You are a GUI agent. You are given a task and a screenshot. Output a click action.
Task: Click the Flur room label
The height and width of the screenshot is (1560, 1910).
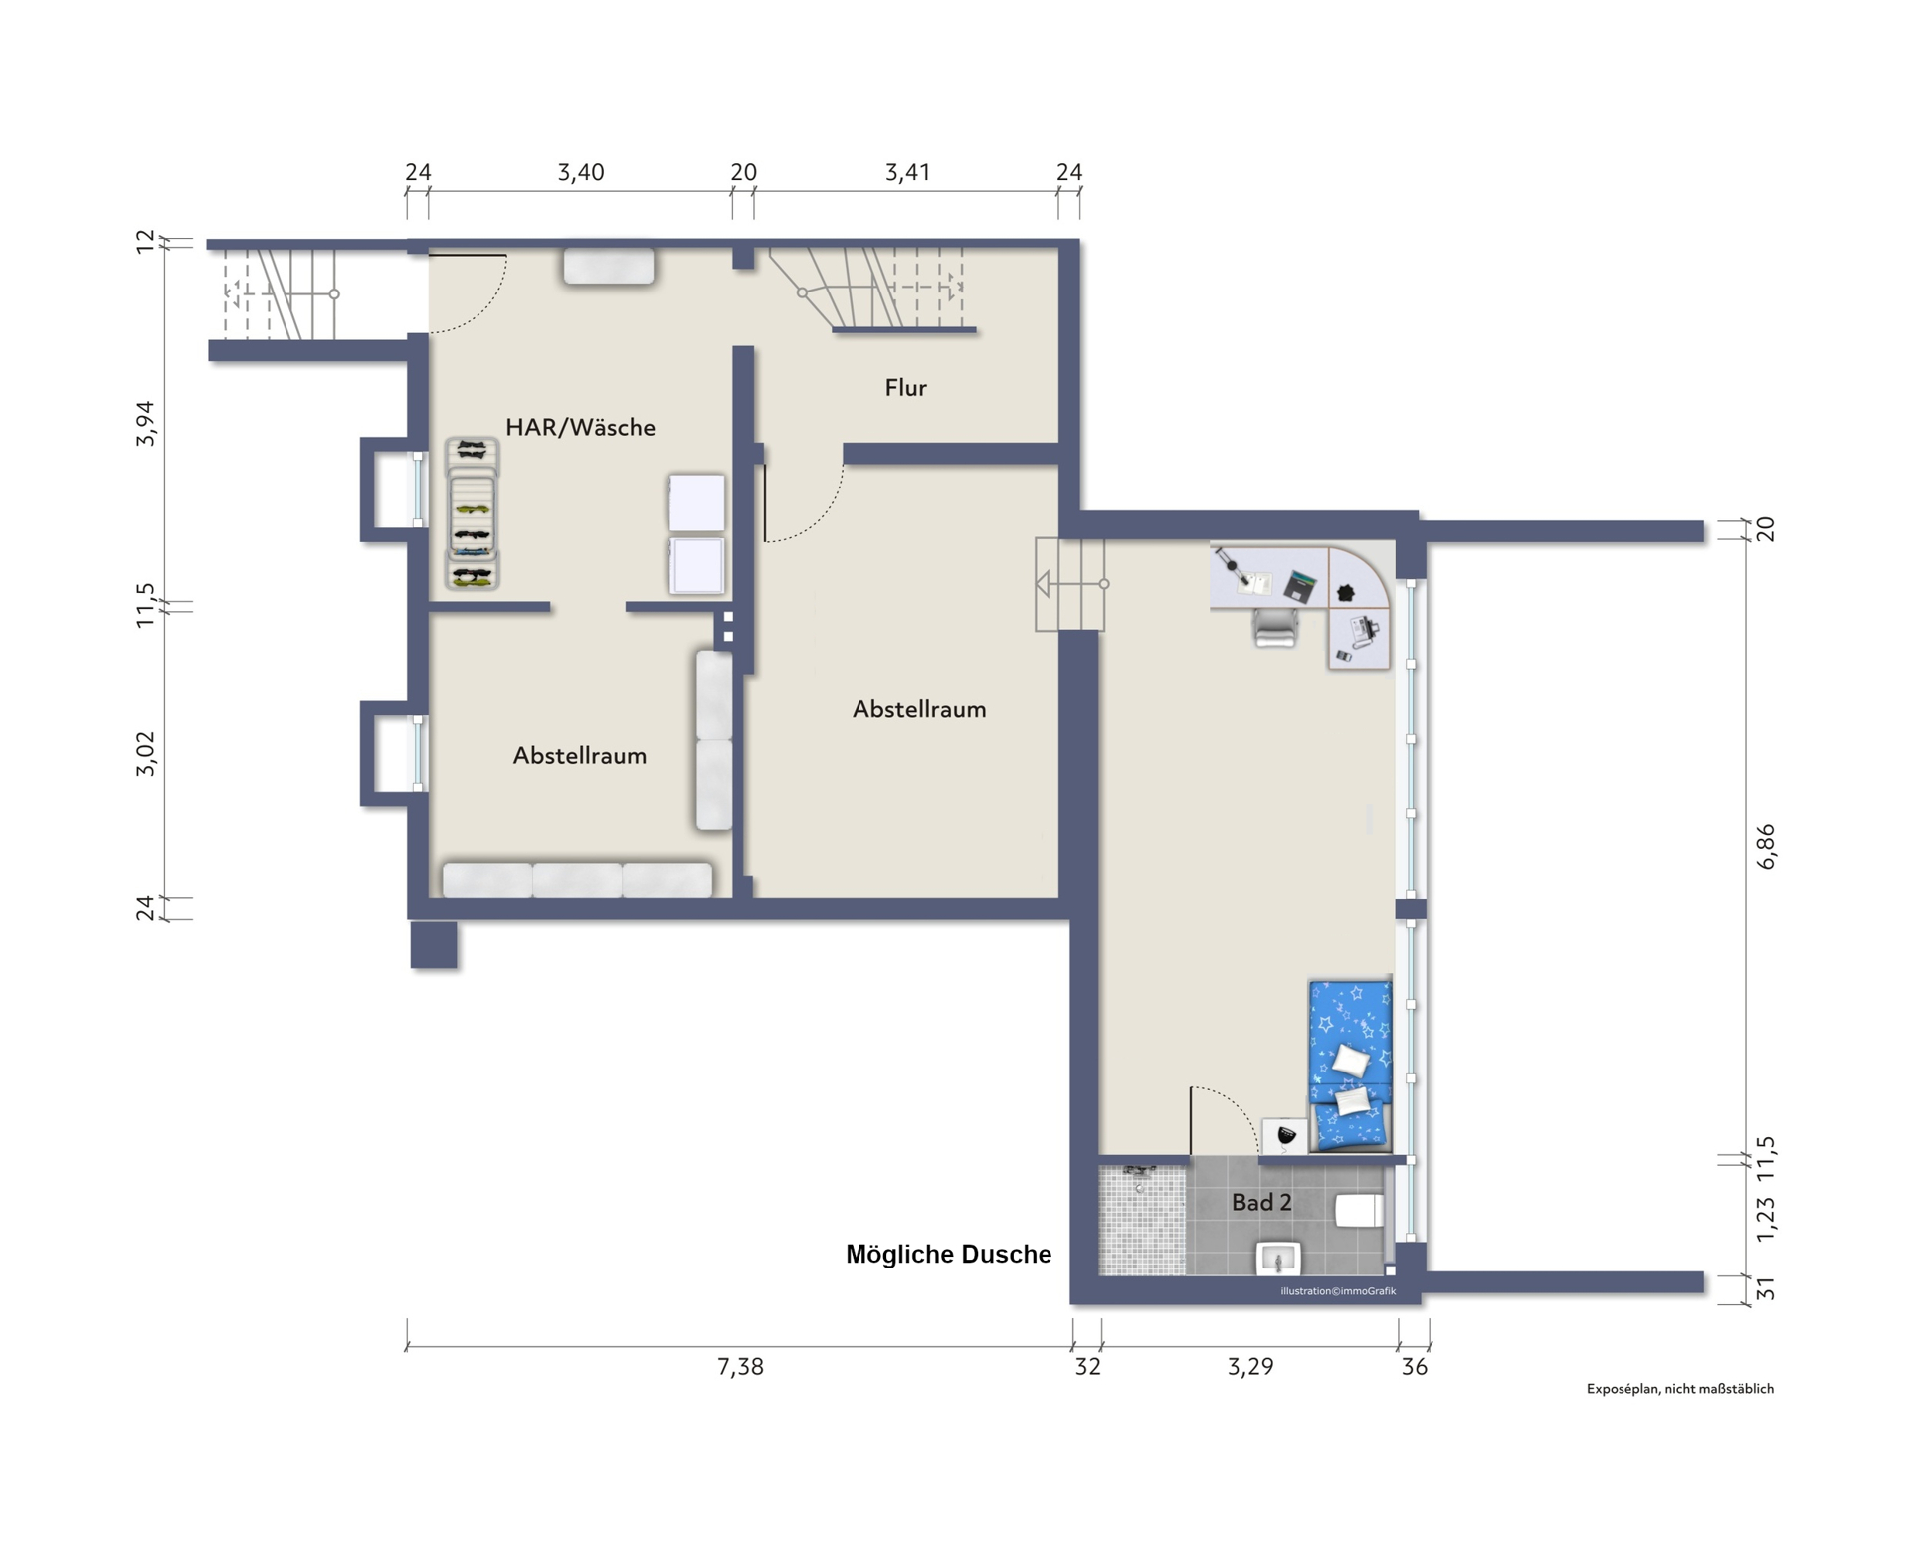click(x=905, y=387)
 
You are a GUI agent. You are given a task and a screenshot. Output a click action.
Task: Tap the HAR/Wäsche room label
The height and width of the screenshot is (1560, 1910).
click(x=580, y=427)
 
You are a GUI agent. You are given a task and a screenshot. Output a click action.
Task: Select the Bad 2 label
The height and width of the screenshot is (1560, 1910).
click(x=1261, y=1202)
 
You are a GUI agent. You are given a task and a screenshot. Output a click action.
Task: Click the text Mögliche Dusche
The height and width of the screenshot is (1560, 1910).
click(x=948, y=1255)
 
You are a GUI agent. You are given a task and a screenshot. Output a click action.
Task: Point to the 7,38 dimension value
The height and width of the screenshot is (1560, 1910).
click(x=740, y=1367)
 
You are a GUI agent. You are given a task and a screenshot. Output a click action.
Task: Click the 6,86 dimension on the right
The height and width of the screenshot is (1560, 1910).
click(x=1766, y=847)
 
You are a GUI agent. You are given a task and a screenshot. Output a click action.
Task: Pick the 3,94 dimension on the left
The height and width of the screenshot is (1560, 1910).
click(x=145, y=423)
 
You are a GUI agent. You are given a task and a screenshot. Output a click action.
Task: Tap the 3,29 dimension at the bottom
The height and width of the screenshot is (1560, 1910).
click(x=1250, y=1367)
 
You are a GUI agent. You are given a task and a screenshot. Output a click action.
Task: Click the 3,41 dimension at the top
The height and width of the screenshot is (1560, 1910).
click(x=907, y=172)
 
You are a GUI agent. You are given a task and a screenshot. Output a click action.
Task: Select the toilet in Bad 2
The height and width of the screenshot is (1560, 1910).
click(x=1359, y=1211)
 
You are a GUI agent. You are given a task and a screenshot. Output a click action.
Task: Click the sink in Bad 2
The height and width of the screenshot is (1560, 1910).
click(x=1278, y=1258)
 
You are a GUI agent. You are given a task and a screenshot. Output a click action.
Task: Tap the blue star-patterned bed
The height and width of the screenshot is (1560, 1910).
click(x=1350, y=1066)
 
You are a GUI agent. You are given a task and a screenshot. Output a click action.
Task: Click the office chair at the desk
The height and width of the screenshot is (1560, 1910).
click(x=1275, y=627)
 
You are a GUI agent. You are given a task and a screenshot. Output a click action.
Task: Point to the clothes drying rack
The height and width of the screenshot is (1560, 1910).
click(x=472, y=513)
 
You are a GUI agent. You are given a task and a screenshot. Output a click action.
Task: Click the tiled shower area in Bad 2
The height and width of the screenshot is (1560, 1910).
click(x=1142, y=1220)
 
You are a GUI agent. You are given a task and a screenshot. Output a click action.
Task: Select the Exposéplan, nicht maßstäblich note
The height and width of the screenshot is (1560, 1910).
click(x=1679, y=1389)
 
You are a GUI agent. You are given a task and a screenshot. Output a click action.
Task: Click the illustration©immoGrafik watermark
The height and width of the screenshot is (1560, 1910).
click(x=1338, y=1291)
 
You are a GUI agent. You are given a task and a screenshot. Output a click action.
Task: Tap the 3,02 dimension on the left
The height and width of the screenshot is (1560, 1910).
click(x=145, y=754)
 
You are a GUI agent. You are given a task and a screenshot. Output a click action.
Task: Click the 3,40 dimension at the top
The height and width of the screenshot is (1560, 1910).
click(x=580, y=172)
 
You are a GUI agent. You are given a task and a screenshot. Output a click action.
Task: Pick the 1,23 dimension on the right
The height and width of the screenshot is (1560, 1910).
click(x=1766, y=1219)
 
